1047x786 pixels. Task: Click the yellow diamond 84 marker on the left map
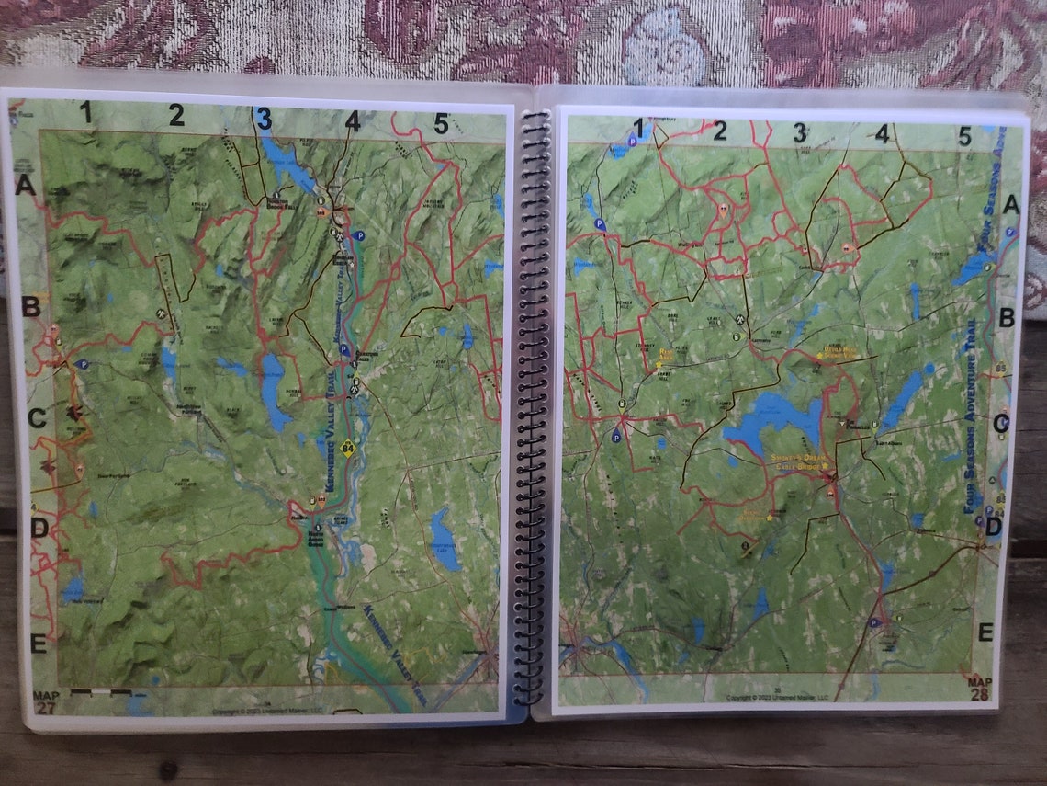pos(347,450)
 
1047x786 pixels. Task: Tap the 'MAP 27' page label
pos(44,701)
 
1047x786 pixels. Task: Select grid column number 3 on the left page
pos(265,119)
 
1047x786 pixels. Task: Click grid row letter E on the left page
pos(38,643)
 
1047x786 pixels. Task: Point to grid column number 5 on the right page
pos(964,136)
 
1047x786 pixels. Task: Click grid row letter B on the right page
pos(1007,318)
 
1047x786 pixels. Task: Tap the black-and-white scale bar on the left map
pos(100,690)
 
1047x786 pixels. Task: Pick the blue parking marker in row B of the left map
pos(83,364)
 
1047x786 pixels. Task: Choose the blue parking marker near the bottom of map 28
pos(873,622)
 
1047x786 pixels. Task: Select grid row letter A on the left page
pos(26,188)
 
